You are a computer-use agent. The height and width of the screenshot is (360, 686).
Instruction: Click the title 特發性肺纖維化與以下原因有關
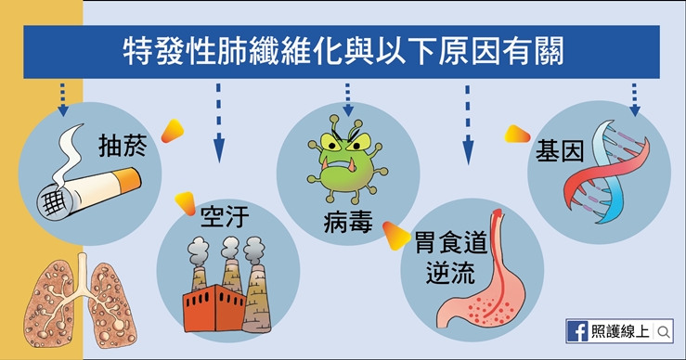(342, 48)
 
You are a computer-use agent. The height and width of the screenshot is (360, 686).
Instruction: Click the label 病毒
(348, 223)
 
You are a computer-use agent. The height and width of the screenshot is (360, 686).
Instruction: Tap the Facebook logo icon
(576, 330)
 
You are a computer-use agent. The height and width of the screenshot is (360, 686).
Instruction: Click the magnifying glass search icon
(665, 331)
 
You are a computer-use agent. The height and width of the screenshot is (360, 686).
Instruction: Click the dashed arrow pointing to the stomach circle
(468, 121)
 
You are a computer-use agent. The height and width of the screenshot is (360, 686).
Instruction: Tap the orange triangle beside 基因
(516, 135)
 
